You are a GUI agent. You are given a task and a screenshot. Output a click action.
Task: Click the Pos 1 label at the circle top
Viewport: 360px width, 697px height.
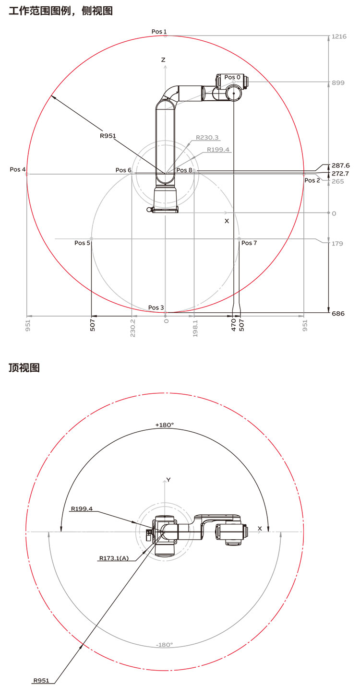(159, 32)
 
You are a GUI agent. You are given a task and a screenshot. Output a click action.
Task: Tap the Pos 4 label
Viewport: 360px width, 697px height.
(18, 169)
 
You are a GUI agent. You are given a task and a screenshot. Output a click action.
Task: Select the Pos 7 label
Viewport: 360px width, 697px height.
(249, 243)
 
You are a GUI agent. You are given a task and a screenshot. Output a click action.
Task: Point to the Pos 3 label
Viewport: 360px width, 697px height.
(156, 307)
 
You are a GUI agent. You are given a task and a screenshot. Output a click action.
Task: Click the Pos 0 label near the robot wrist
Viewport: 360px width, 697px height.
(232, 77)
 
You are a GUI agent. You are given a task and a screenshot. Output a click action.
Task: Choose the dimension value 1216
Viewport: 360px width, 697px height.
(338, 36)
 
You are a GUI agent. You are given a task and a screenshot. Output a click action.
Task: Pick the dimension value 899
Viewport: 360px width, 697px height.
(338, 83)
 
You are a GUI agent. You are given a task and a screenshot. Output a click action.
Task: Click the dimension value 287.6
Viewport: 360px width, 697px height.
(340, 165)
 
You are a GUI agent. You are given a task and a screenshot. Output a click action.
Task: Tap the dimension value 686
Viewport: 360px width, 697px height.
(338, 314)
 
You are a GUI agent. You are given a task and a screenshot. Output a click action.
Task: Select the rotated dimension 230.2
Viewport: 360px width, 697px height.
(132, 328)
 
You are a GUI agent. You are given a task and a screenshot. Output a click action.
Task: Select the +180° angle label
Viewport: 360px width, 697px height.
(164, 425)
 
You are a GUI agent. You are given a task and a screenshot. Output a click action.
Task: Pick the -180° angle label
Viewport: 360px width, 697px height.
(164, 645)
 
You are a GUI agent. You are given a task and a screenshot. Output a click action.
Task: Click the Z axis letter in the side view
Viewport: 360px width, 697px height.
(163, 60)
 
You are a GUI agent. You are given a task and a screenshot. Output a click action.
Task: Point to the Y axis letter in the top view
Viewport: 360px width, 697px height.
(168, 480)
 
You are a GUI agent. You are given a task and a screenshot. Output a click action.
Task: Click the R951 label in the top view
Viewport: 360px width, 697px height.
(41, 680)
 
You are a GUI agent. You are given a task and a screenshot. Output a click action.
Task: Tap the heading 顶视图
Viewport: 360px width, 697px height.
(24, 368)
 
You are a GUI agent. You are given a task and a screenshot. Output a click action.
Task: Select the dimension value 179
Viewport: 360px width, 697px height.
(337, 244)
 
